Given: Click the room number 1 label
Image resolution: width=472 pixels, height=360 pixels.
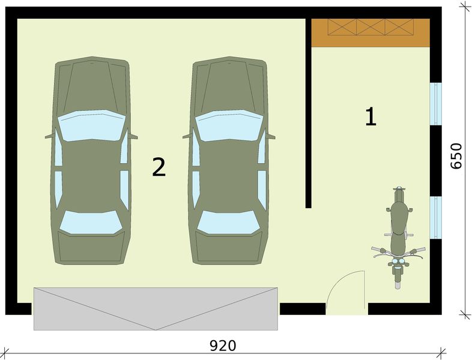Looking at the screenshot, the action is click(371, 116).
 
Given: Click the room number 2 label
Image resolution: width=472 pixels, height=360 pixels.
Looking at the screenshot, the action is click(159, 167).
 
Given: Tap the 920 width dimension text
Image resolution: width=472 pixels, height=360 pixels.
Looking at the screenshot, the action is click(223, 346).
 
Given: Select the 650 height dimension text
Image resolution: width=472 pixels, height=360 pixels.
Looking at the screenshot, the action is click(455, 156).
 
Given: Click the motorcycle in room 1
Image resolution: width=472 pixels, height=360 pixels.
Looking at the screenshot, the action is click(398, 238).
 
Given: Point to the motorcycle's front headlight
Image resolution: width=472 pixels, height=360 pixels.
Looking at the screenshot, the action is click(398, 261).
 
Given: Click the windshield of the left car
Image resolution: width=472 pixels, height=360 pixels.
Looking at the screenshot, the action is click(91, 125).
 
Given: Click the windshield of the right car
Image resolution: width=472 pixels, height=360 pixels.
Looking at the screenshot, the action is click(229, 125).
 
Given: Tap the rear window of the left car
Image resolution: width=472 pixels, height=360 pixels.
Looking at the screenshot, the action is click(91, 222).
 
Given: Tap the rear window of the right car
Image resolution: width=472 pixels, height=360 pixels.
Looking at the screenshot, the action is click(228, 222).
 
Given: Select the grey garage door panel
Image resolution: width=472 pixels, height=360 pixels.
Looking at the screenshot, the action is click(156, 309).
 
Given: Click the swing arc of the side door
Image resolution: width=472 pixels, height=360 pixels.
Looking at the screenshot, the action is click(340, 280).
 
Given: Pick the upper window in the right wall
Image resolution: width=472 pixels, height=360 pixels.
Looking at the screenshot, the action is click(435, 104).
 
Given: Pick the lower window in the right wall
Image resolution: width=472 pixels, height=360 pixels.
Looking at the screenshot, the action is click(435, 217).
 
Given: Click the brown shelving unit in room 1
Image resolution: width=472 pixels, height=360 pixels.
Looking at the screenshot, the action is click(371, 33).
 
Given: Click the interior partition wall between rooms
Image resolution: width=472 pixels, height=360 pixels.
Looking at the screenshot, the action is click(308, 113).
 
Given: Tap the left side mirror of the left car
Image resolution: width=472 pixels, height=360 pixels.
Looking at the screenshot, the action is click(49, 137).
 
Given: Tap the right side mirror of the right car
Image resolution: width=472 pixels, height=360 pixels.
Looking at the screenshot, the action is click(271, 137).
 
